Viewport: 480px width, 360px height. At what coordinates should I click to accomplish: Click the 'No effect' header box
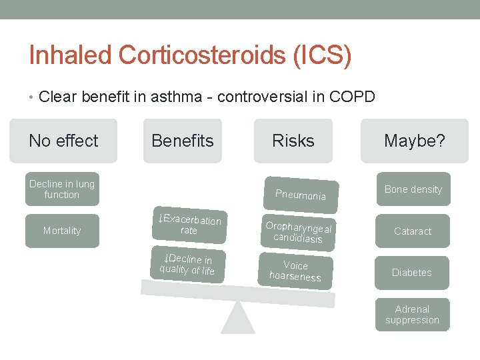coord(63,141)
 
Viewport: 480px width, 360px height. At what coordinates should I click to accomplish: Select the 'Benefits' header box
coord(183,141)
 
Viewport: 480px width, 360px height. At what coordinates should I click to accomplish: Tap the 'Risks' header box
coord(293,141)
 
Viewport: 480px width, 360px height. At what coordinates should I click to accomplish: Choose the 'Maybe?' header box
coord(414,141)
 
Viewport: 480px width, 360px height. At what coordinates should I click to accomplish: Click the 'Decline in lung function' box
coord(61,189)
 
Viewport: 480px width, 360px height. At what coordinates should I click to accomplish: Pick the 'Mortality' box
coord(62,231)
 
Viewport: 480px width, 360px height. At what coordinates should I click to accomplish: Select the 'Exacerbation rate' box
coord(189,225)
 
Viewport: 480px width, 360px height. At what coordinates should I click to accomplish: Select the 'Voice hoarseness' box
coord(295,271)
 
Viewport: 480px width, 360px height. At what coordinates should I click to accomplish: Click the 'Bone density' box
coord(413,189)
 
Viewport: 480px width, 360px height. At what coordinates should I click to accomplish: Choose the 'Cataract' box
coord(413,231)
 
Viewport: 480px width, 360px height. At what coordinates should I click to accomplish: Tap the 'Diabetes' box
coord(412,273)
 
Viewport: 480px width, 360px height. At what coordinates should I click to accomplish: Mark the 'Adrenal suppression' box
coord(412,315)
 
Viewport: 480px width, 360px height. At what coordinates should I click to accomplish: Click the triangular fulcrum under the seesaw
coord(238,320)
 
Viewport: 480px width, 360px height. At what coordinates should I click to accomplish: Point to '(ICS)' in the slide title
coord(322,55)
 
